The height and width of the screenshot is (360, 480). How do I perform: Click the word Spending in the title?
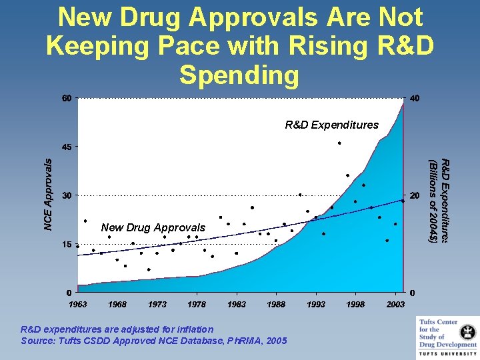[x=239, y=75]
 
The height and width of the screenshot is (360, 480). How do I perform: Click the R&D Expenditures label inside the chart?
[x=331, y=125]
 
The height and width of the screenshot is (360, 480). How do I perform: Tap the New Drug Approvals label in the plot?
[x=153, y=228]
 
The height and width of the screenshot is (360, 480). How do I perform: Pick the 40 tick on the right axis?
[x=415, y=99]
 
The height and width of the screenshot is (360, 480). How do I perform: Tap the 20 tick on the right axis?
[x=415, y=196]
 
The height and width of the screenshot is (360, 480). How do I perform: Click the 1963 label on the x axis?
[x=78, y=305]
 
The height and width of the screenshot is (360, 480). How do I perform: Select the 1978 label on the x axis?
[x=197, y=305]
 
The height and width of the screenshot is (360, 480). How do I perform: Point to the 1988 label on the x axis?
[x=276, y=305]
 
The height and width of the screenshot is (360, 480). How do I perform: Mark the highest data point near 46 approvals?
[x=339, y=143]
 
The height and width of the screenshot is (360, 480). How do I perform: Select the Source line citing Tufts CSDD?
[x=154, y=341]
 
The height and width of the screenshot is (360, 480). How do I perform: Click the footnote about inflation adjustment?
[x=117, y=329]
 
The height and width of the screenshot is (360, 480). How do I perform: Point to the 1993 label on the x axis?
[x=316, y=305]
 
